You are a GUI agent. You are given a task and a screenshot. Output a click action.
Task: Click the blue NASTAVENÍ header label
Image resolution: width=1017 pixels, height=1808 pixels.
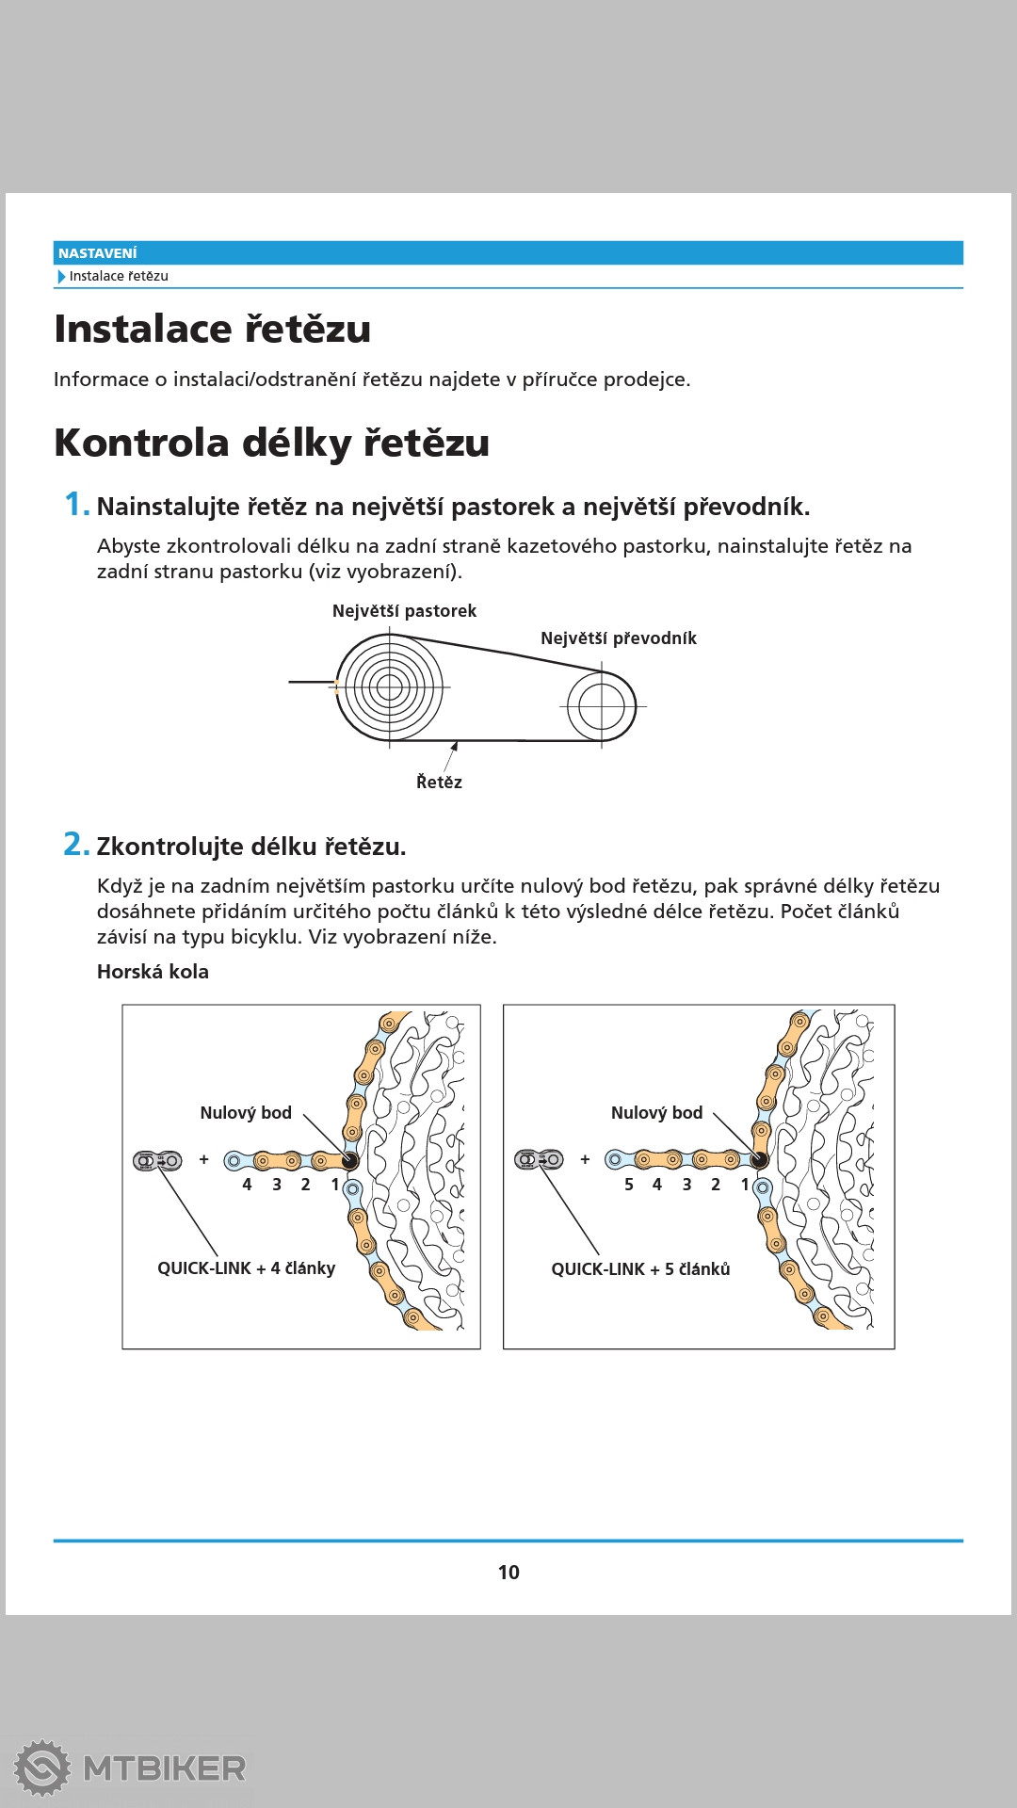tap(97, 253)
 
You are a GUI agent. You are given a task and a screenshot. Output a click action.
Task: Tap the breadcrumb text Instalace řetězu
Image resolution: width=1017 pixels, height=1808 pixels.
tap(119, 276)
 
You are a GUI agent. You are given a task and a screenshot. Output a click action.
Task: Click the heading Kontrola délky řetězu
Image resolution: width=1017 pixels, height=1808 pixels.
tap(271, 443)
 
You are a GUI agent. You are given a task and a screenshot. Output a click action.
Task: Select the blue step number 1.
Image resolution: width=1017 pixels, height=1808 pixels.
tap(75, 505)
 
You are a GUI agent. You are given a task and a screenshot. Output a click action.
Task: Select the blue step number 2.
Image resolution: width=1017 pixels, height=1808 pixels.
tap(75, 845)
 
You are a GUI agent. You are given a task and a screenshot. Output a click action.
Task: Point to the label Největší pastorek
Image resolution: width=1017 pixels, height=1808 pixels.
tap(404, 611)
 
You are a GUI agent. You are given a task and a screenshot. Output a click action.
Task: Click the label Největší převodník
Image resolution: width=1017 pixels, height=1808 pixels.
tap(618, 638)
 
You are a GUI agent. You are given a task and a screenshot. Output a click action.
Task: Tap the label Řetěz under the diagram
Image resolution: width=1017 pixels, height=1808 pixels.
tap(439, 783)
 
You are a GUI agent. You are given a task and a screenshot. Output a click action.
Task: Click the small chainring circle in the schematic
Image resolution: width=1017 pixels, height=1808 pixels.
tap(602, 705)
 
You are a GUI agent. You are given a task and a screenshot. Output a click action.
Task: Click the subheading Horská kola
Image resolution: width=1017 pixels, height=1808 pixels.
tap(153, 972)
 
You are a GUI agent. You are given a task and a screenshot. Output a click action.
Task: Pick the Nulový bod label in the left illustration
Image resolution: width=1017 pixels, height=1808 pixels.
tap(246, 1113)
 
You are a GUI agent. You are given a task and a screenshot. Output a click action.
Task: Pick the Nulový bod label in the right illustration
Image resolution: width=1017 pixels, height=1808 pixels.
tap(656, 1113)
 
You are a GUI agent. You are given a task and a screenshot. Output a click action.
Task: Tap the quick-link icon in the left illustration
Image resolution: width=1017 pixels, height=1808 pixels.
tap(157, 1161)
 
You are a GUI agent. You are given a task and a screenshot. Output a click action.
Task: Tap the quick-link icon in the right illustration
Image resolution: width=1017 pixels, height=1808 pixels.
tap(539, 1159)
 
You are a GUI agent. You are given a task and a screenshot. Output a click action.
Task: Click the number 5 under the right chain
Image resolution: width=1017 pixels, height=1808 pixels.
tap(629, 1185)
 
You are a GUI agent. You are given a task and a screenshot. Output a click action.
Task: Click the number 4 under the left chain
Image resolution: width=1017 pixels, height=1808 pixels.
tap(247, 1185)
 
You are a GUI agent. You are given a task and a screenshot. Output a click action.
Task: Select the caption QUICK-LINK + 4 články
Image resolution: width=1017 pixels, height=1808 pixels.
tap(246, 1268)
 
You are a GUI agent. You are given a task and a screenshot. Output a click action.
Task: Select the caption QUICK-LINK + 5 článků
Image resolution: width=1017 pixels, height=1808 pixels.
tap(640, 1269)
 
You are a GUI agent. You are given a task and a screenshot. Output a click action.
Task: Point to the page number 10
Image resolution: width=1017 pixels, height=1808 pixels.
tap(508, 1572)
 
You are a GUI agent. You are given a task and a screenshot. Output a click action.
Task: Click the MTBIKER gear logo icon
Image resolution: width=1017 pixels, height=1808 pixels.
tap(42, 1768)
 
